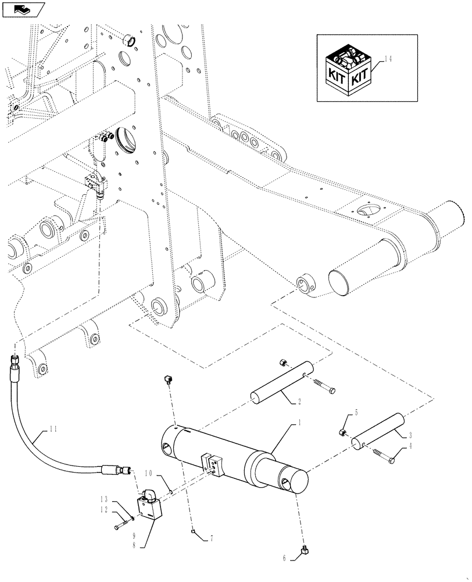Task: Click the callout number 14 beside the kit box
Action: pyautogui.click(x=388, y=60)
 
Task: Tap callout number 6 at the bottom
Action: pyautogui.click(x=284, y=558)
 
